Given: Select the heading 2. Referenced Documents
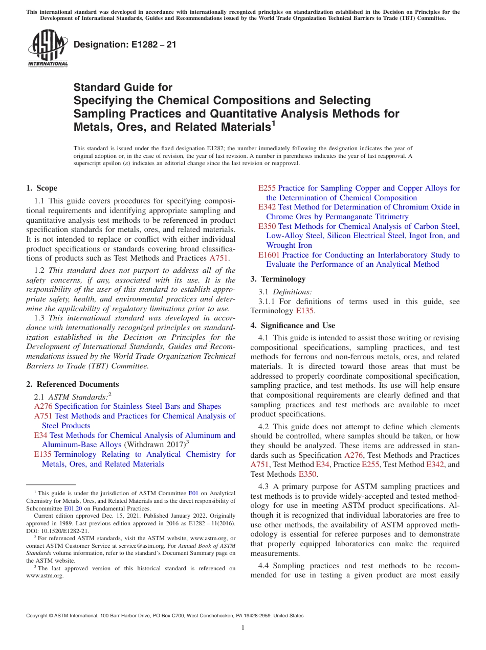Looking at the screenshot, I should click(x=72, y=384).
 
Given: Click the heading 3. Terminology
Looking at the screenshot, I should click(x=278, y=279).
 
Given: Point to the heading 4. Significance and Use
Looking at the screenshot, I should click(x=293, y=326).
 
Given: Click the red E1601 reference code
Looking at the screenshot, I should click(x=269, y=255).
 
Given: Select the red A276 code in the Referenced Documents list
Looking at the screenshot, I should click(x=43, y=407).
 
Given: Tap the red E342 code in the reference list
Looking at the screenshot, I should click(x=267, y=207).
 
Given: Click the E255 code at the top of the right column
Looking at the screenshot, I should click(x=267, y=189).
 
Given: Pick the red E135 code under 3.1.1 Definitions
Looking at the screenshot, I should click(x=305, y=311).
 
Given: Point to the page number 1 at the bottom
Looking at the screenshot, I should click(x=243, y=628).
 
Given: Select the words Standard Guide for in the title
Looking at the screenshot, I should click(x=123, y=87).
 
